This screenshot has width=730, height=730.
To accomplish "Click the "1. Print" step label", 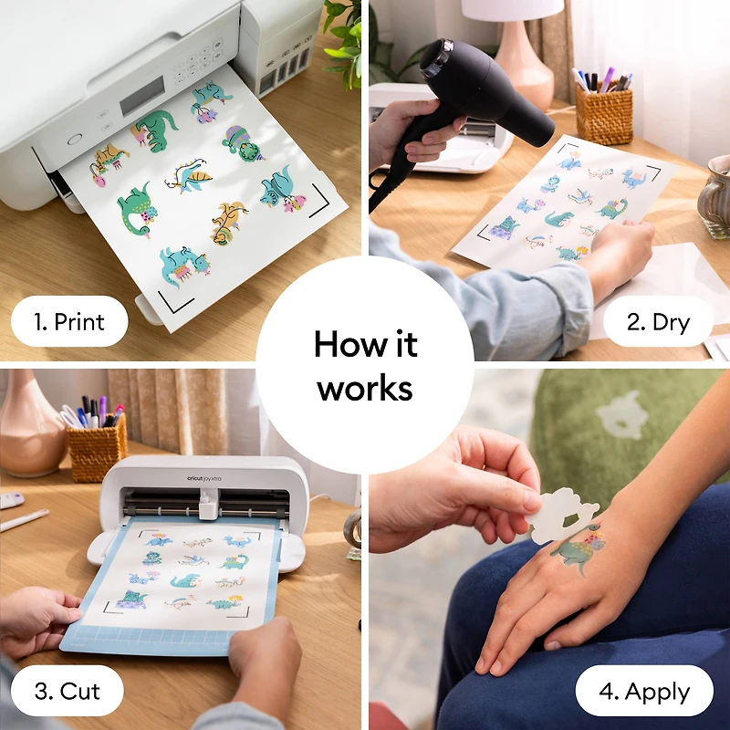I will (x=68, y=321).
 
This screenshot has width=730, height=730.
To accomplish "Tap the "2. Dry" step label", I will (x=657, y=321).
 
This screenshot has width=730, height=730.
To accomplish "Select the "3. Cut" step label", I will (x=68, y=691).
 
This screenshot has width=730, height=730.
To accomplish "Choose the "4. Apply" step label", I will (x=644, y=691).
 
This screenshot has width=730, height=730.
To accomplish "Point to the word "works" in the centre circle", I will (x=365, y=388).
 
